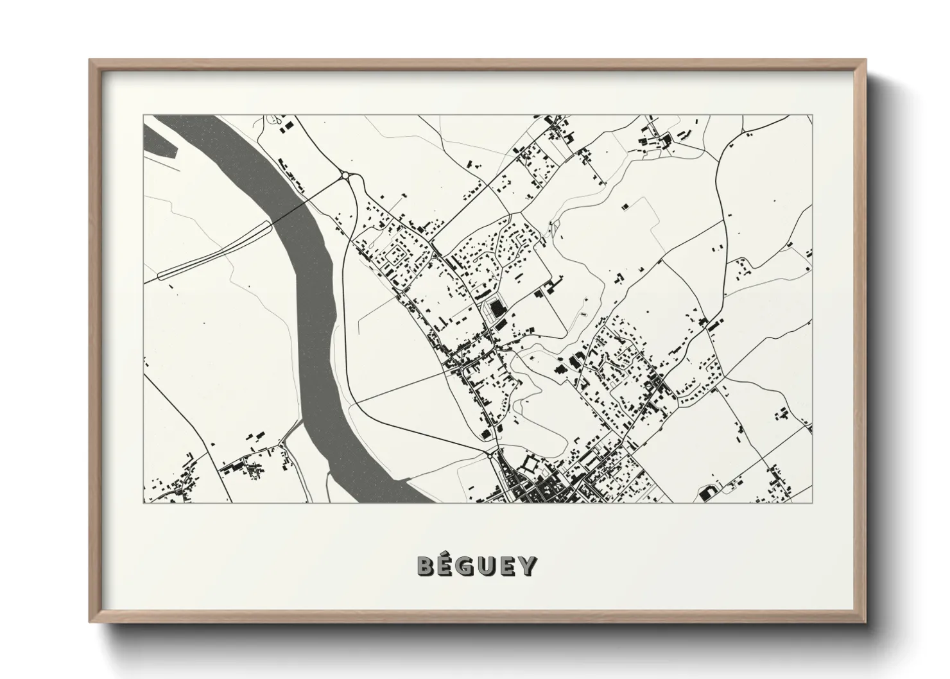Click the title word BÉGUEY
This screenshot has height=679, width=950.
(x=476, y=565)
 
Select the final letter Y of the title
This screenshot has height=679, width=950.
(x=527, y=566)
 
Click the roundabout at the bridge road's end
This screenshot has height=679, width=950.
(x=345, y=175)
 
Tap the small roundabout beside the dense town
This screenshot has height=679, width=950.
(x=492, y=453)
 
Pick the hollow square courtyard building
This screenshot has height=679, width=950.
(x=531, y=463)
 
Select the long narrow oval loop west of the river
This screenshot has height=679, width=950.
(x=215, y=250)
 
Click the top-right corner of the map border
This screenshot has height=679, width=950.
(x=813, y=115)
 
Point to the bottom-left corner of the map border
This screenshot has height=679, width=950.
(x=143, y=503)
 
